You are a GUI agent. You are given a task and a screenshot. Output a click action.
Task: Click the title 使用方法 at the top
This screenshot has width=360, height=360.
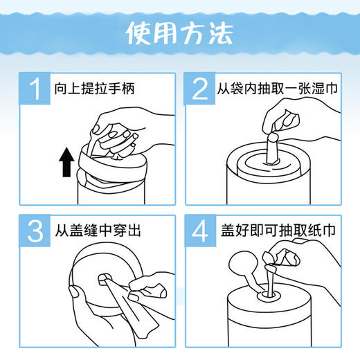(179, 33)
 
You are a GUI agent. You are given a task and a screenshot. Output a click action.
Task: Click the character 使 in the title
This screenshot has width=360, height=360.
(138, 33)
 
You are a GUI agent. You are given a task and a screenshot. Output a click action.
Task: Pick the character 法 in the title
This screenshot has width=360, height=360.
(222, 33)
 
